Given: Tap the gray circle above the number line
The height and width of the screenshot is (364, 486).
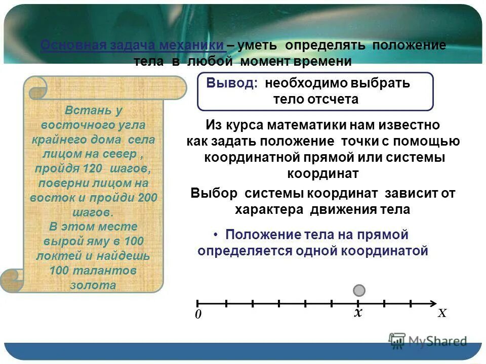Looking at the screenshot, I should pyautogui.click(x=359, y=290).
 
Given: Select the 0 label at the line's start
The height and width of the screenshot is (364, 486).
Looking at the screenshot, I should pyautogui.click(x=198, y=314).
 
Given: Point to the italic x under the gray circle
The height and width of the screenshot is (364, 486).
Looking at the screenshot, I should pyautogui.click(x=358, y=313).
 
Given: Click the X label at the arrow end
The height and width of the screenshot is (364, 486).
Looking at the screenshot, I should pyautogui.click(x=442, y=313).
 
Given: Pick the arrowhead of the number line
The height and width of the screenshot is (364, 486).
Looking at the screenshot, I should pyautogui.click(x=433, y=303).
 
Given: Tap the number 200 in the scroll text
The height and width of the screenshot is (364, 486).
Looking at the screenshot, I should pyautogui.click(x=147, y=197).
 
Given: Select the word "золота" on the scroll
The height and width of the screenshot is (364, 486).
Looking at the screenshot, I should pyautogui.click(x=94, y=285).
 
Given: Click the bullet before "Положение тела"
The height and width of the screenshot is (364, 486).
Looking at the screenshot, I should pyautogui.click(x=216, y=235).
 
